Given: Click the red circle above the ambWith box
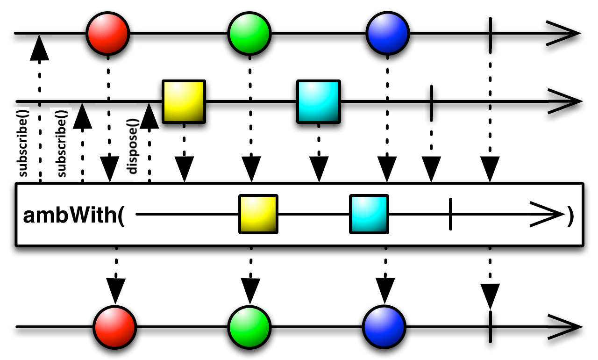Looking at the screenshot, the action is point(108,34).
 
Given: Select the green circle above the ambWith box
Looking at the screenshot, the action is point(249,34).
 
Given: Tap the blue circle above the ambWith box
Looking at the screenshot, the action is point(388,33).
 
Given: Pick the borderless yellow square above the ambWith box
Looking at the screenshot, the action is point(184,101).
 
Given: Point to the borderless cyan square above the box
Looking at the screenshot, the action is point(319,101).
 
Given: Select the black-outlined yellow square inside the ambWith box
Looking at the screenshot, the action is point(258,214).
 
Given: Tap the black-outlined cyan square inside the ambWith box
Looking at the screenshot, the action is point(369,214).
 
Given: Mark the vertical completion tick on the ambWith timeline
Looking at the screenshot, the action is point(450,214).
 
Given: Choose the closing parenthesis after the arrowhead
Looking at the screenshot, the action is point(570,216).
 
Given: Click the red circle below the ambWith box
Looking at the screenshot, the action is point(115,327).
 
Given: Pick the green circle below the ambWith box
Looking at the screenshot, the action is point(249,327).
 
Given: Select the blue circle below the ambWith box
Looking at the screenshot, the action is point(384,327).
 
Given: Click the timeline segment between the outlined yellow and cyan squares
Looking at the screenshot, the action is point(313,214).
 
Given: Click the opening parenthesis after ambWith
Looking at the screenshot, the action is point(121,216).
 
